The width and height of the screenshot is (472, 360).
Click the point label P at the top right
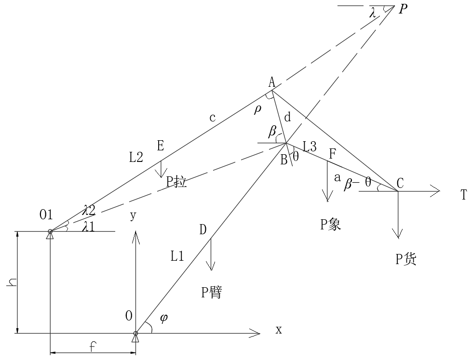[x=403, y=9]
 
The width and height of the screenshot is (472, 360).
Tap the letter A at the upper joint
[x=272, y=82]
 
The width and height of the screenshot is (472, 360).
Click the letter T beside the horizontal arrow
[x=464, y=195]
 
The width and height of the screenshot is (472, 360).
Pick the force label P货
[x=406, y=259]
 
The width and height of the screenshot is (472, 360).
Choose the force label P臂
[x=211, y=292]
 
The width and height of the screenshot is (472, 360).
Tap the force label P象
[x=331, y=225]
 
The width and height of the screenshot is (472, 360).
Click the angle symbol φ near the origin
[x=164, y=319]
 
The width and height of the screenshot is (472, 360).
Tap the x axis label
[x=278, y=330]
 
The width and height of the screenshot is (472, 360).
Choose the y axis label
[x=133, y=216]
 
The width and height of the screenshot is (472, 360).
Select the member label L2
[x=136, y=157]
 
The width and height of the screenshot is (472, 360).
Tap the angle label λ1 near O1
[x=88, y=226]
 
